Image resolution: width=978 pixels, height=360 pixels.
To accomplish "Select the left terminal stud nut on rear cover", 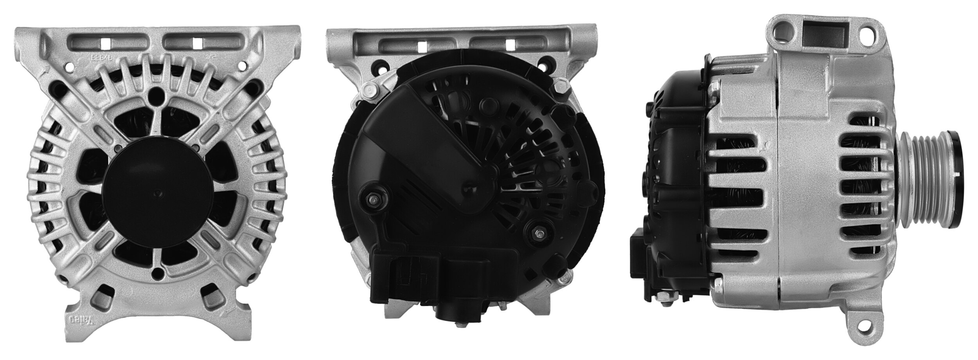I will click(x=372, y=200).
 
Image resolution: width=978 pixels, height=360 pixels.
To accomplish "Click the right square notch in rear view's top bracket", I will click(x=510, y=45).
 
